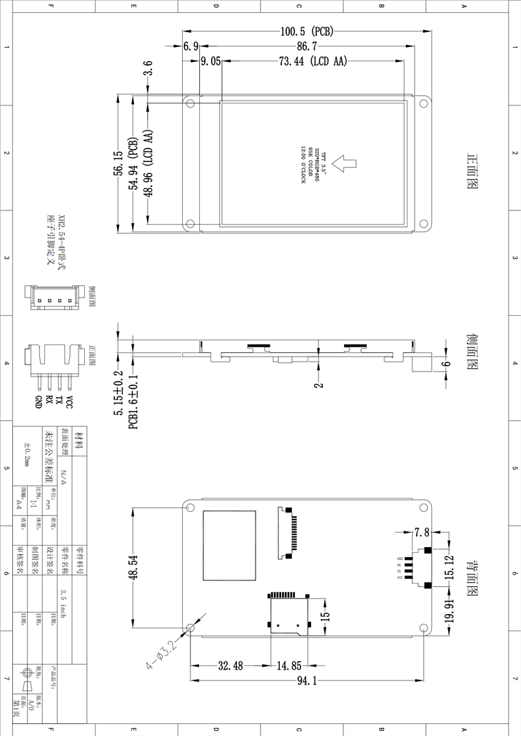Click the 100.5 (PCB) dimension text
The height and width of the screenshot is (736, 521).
pos(307,31)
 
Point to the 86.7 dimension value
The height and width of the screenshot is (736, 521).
pos(308,46)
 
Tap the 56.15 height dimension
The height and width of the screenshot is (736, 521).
pos(118,164)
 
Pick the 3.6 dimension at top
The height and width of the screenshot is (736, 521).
pos(148,71)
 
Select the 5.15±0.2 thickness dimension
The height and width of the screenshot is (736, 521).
pos(118,387)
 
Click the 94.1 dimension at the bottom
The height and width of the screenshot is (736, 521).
pos(307,682)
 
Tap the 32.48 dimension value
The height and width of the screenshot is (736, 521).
pos(231,666)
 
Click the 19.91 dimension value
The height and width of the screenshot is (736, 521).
pos(449,610)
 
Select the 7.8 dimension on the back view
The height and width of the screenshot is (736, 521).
pos(421,532)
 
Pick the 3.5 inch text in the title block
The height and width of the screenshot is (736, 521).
pos(64,603)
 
